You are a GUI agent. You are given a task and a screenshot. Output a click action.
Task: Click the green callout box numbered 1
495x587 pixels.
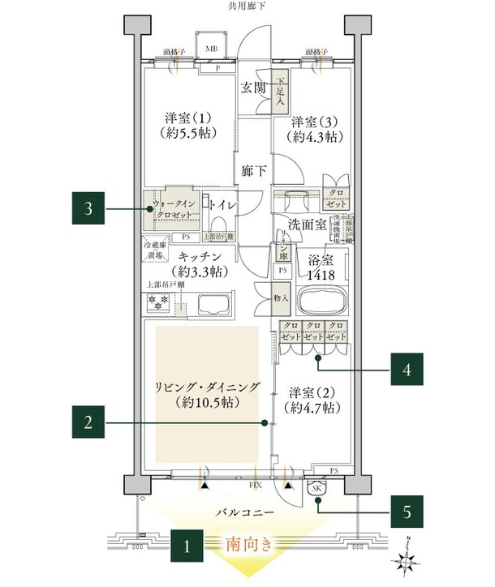pos(187,546)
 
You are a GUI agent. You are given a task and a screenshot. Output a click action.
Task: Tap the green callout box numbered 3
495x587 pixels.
pos(89,209)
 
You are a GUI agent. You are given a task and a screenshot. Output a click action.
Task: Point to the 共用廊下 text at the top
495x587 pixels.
pos(247,6)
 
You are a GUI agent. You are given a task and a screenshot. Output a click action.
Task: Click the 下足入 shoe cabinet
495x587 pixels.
pos(280,93)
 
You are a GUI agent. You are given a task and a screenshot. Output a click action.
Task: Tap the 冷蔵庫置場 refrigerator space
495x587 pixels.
pos(153,250)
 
